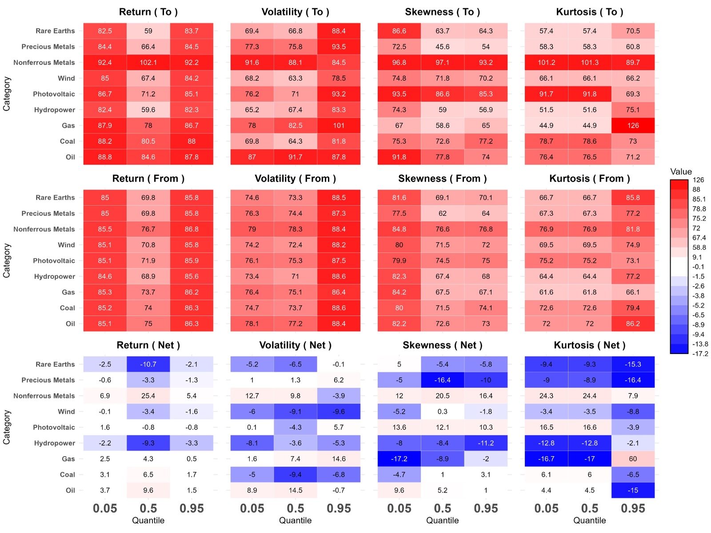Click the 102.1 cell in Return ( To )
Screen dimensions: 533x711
coord(148,63)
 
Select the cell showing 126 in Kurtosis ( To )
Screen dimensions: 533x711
coord(633,126)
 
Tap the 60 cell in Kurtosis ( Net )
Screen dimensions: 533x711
coord(633,459)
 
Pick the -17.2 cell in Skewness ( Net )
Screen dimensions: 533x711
coord(399,459)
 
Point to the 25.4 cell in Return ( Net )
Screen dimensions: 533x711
coord(148,396)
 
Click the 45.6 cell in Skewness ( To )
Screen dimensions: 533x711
coord(442,47)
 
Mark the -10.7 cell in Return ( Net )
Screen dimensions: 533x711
coord(148,364)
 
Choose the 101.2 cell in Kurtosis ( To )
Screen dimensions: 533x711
coord(546,63)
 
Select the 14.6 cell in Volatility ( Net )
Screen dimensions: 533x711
coord(339,459)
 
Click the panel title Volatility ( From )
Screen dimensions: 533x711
coord(295,179)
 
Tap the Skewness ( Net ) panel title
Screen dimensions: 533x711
coord(442,345)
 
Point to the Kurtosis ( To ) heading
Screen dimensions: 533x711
coord(589,12)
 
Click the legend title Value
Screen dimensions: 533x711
coord(681,171)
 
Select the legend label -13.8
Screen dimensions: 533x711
coord(700,344)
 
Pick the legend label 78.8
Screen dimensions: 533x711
coord(699,209)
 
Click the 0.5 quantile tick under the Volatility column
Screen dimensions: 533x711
coord(295,509)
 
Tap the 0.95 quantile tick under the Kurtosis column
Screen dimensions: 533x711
coord(633,509)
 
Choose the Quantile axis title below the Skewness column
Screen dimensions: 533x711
coord(442,521)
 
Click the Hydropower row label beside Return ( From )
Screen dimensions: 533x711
coord(55,277)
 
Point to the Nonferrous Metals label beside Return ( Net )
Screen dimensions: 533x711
coord(44,396)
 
